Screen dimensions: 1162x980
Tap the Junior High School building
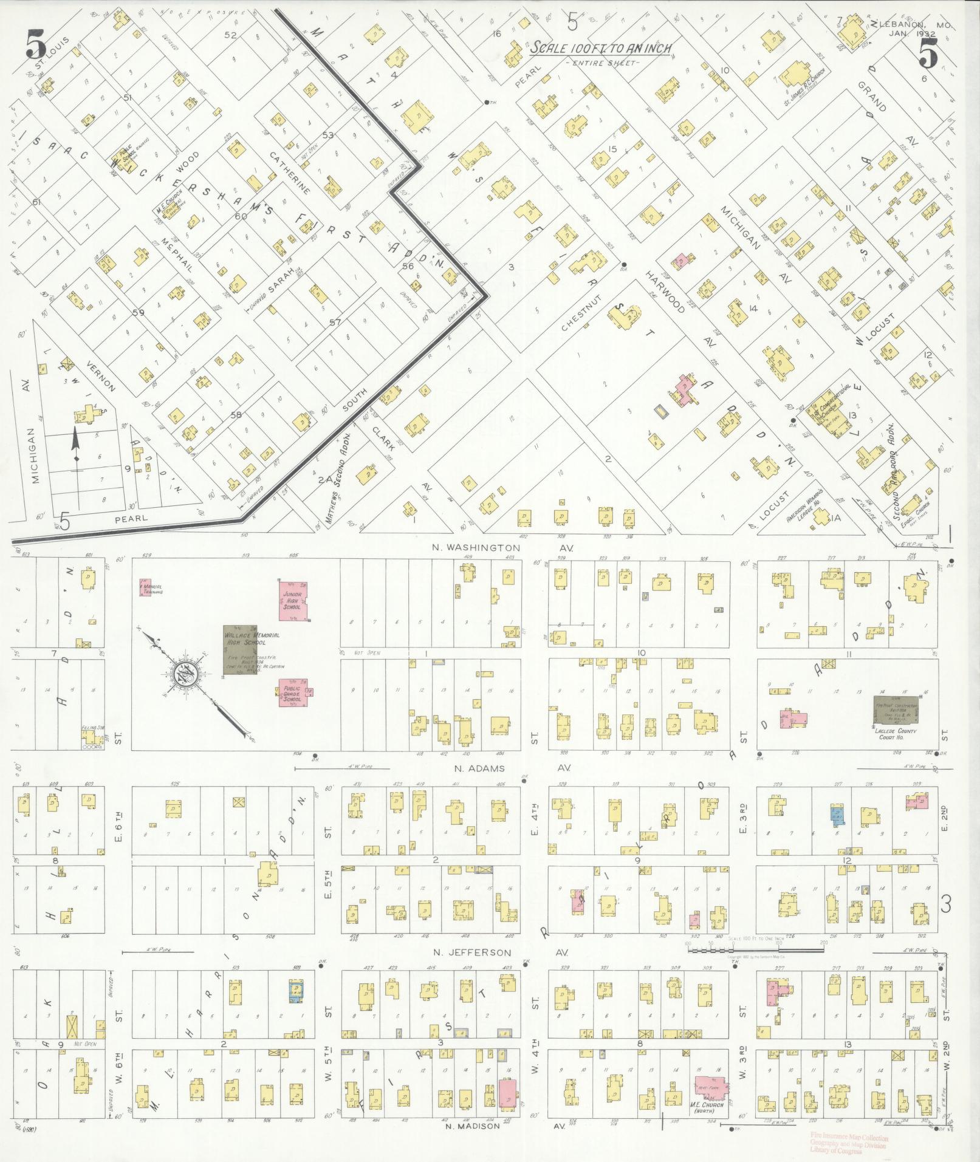tap(292, 600)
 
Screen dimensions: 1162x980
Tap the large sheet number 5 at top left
tap(35, 44)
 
